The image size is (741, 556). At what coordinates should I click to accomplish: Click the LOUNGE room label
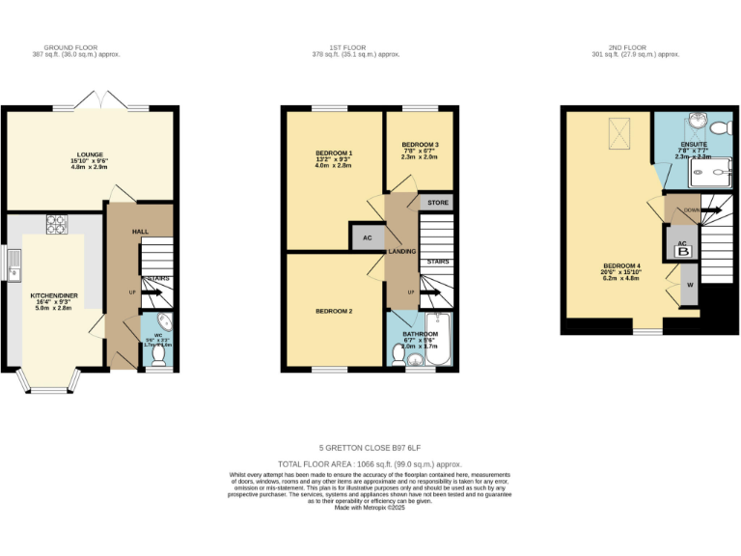click(x=90, y=153)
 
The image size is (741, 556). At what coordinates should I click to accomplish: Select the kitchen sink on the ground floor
click(x=13, y=264)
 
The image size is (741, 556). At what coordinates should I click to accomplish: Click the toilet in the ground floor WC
click(x=158, y=357)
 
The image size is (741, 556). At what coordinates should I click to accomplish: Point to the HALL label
click(x=140, y=232)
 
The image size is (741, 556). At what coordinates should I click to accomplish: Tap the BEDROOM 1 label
click(x=334, y=153)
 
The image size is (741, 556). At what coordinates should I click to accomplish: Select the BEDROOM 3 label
click(x=420, y=144)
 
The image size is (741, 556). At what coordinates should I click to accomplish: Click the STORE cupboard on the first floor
click(x=438, y=203)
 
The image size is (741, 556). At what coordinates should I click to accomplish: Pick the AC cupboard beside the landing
click(x=367, y=237)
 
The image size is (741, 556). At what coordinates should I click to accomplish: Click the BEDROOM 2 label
click(x=334, y=312)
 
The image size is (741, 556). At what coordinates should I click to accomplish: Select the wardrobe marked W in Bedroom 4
click(x=690, y=286)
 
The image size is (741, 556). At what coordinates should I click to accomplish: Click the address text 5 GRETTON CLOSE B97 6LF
click(x=370, y=448)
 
